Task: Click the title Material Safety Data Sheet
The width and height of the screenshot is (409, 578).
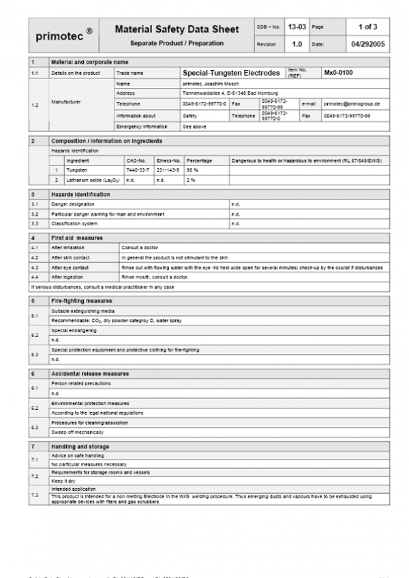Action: (x=177, y=29)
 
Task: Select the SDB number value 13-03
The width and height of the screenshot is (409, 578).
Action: (x=297, y=27)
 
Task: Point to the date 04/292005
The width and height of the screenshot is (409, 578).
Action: (x=368, y=44)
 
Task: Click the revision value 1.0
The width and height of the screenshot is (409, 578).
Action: (x=297, y=44)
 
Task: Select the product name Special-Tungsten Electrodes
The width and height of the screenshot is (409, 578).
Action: (x=231, y=72)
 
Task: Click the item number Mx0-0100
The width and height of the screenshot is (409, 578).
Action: (x=338, y=72)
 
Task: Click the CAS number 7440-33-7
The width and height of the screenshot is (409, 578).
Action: (x=138, y=170)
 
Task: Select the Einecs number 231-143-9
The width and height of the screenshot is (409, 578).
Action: (x=168, y=170)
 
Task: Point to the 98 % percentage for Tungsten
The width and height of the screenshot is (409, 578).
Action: (x=192, y=170)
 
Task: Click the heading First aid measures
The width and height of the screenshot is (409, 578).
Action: (x=76, y=238)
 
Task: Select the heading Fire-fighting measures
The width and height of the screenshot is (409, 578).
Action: (x=81, y=300)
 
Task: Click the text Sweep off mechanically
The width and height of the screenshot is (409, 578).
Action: (x=78, y=432)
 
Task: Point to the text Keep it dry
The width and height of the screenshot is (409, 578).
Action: (x=63, y=481)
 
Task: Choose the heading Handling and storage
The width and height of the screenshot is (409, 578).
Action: (x=80, y=446)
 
